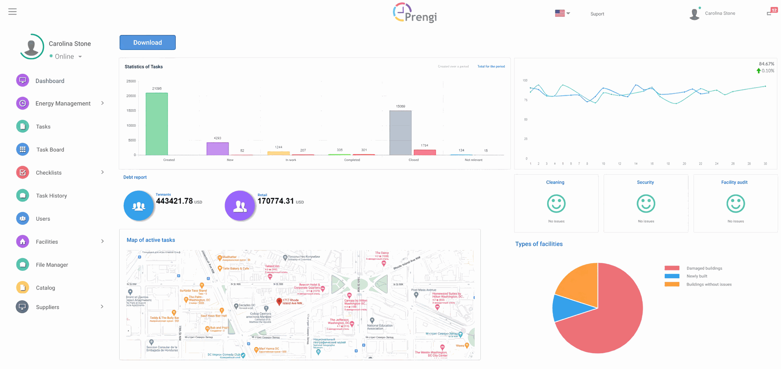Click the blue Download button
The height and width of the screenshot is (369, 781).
coord(147,42)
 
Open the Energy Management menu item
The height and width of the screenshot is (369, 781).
coord(63,103)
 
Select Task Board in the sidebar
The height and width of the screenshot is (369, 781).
coord(50,149)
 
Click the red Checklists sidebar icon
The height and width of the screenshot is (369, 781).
coord(23,172)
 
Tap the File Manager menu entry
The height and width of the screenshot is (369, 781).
coord(52,265)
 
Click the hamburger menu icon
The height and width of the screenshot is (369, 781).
coord(13,12)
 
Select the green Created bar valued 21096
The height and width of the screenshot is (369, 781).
coord(157,124)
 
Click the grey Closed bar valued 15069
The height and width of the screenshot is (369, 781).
coord(400,133)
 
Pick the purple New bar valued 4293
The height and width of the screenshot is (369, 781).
coord(218,149)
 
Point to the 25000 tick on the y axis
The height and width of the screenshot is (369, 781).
coord(131,81)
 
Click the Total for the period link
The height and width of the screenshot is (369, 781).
coord(491,66)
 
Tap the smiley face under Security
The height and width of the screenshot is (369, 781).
coord(646,204)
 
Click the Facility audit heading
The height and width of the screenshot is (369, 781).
coord(734,182)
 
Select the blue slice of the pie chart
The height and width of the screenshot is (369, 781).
coord(567,308)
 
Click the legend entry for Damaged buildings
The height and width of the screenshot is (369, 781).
coord(704,268)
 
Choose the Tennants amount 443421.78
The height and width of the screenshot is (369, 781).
coord(175,201)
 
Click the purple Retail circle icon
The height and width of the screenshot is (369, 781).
coord(240,206)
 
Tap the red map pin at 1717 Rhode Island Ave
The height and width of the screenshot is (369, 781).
coord(279,301)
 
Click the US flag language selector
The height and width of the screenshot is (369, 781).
coord(560,13)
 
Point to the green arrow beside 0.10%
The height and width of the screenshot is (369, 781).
coord(758,71)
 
